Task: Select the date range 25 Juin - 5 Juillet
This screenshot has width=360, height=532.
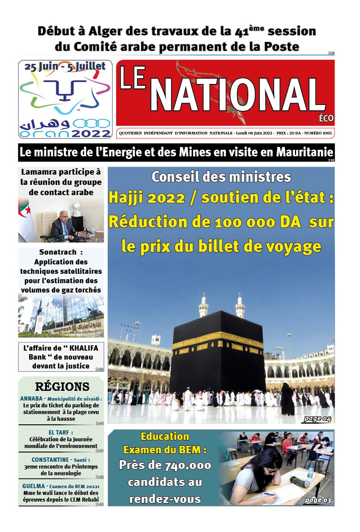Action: point(65,67)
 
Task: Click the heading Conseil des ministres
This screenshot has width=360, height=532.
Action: point(221,177)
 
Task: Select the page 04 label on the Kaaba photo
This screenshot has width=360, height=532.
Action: point(317,419)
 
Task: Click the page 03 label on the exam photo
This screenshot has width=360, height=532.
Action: point(318,500)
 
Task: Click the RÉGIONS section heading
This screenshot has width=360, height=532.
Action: point(62,387)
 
